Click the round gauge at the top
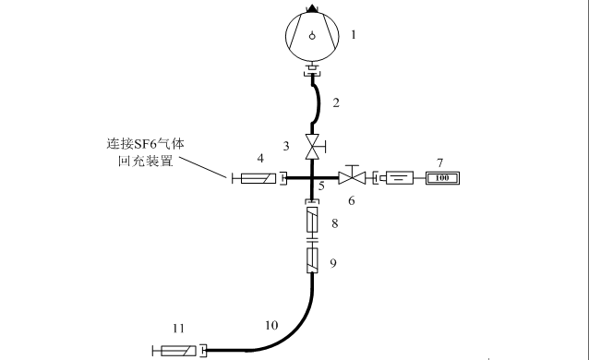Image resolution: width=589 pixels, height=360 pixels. click(313, 36)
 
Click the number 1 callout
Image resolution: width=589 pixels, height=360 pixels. click(353, 35)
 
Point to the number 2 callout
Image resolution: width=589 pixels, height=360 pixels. click(336, 102)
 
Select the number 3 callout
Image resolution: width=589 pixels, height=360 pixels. click(287, 146)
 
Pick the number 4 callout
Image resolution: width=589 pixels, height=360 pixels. click(261, 159)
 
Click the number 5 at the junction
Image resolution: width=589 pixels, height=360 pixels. click(321, 186)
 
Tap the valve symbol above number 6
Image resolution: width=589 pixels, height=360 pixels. click(352, 176)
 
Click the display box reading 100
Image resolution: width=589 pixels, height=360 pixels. click(441, 177)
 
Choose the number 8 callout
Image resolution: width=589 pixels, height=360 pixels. click(334, 223)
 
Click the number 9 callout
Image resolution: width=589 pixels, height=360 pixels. click(333, 263)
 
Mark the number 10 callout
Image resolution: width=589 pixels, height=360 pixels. click(271, 325)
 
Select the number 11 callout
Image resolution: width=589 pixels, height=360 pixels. click(179, 328)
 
